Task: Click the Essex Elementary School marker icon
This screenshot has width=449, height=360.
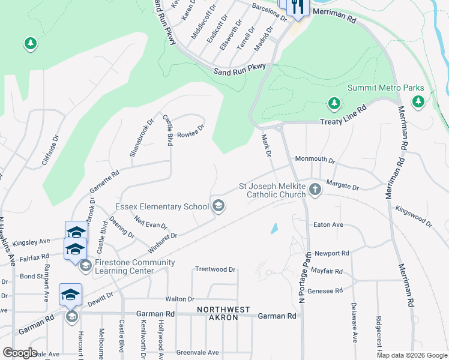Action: [x=218, y=206]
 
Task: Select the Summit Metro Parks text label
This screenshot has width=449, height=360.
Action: [x=386, y=88]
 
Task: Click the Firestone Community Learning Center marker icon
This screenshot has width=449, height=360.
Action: [x=85, y=265]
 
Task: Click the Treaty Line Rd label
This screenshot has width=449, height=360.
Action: [x=344, y=115]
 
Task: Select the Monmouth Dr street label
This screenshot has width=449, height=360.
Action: [x=315, y=160]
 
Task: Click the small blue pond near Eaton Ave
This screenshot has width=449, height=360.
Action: [x=274, y=228]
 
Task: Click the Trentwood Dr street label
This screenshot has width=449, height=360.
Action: [x=215, y=269]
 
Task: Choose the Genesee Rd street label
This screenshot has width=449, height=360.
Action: [x=325, y=290]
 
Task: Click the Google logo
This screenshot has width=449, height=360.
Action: [x=20, y=353]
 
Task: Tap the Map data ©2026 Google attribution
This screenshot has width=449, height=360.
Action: [x=412, y=355]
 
